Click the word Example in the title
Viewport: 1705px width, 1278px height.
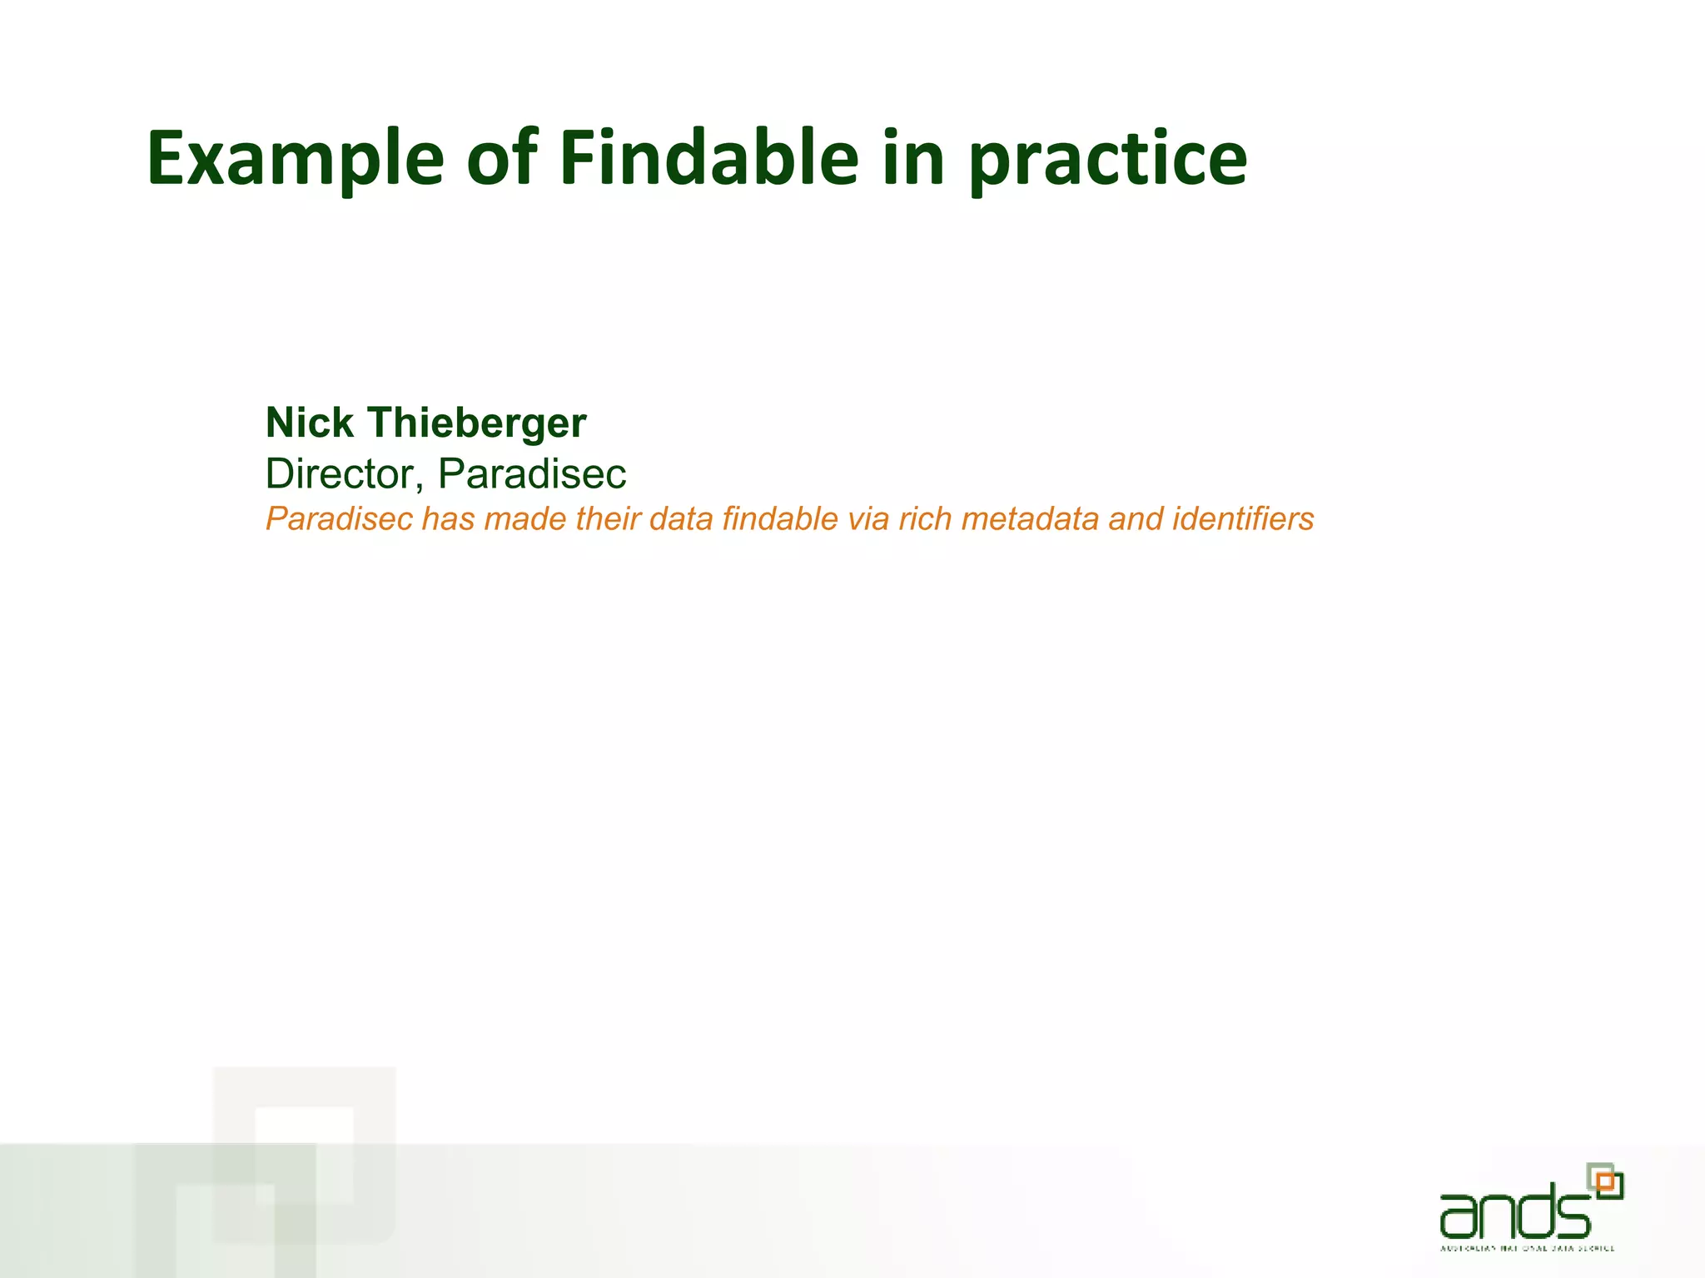coord(296,160)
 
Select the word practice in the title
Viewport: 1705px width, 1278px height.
coord(1107,160)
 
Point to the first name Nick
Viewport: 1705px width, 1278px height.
coord(309,423)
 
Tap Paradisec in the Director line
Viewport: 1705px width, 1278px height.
coord(531,474)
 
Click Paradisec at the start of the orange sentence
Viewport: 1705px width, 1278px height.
coord(339,519)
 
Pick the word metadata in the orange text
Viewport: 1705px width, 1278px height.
coord(1030,519)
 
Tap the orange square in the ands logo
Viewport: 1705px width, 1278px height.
coord(1606,1181)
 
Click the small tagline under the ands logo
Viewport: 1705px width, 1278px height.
coord(1527,1248)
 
